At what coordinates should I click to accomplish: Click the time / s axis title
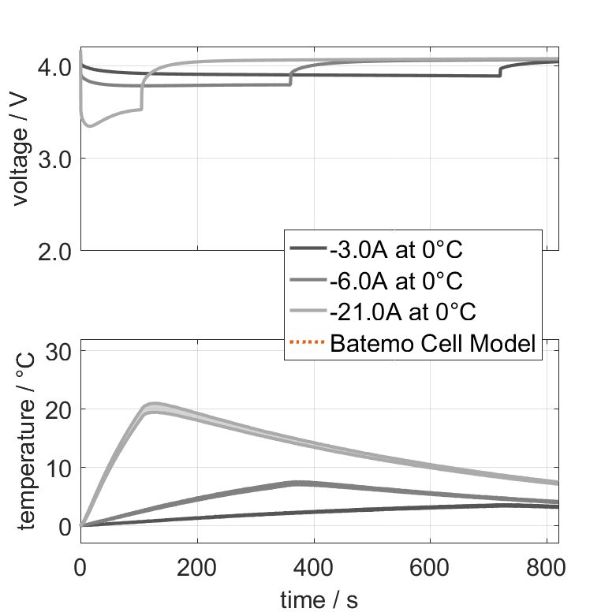[x=319, y=600]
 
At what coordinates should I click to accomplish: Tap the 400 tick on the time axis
[x=313, y=568]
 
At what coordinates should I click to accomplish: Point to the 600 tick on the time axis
[x=430, y=568]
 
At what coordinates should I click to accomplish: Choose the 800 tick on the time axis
[x=546, y=568]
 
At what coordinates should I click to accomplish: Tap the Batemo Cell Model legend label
[x=434, y=344]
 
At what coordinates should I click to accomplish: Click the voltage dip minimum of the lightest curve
[x=90, y=125]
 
